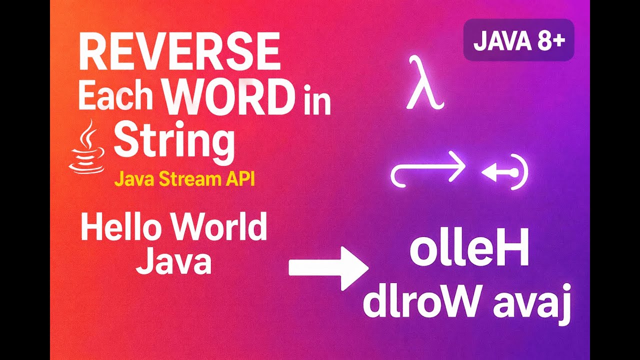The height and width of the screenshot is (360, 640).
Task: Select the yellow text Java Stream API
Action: [184, 179]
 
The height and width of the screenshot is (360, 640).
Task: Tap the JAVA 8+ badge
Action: [518, 40]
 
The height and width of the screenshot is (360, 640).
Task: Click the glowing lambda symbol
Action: [424, 83]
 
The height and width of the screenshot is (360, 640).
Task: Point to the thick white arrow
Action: [328, 268]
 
